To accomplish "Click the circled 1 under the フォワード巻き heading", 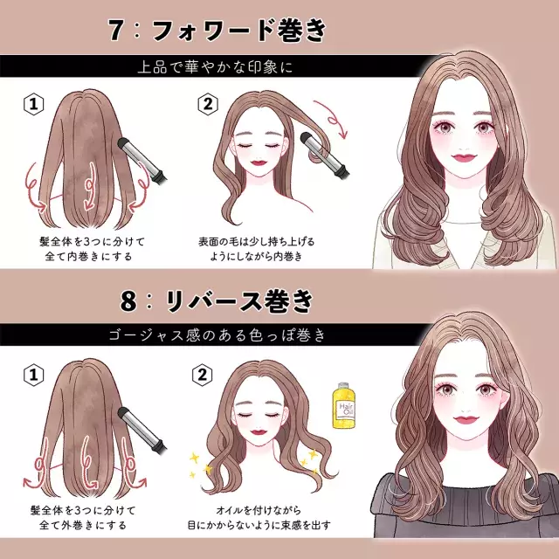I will (x=32, y=106).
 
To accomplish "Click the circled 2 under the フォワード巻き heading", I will (x=207, y=106).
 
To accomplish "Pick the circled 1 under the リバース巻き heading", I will (x=32, y=376).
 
